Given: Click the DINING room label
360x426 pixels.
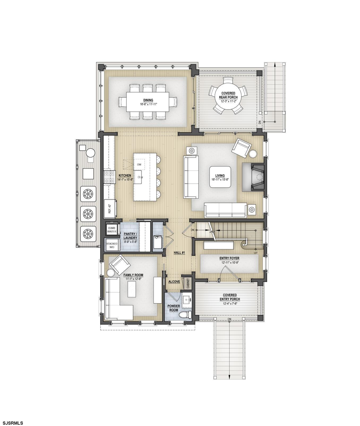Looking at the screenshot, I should (x=148, y=100).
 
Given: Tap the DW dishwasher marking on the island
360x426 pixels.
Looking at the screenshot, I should (x=139, y=165).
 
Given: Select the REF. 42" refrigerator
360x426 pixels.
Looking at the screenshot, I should (x=109, y=209).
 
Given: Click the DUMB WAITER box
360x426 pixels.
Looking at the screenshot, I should (x=112, y=230).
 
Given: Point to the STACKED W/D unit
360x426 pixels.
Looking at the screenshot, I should (x=112, y=245).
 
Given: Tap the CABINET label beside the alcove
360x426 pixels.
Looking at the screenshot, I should (x=188, y=283).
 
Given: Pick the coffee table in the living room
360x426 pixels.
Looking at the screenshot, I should (x=220, y=177).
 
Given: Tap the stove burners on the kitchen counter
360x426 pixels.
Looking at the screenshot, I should (x=109, y=177).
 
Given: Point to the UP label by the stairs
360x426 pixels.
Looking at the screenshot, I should (x=255, y=253).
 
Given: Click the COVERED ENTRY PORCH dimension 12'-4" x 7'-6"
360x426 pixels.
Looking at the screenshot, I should (x=230, y=303).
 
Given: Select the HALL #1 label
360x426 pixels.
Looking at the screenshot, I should (x=179, y=253).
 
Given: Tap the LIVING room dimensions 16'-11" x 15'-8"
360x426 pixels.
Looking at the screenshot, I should (x=220, y=180).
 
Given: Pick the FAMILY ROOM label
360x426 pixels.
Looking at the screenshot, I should (x=133, y=275).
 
